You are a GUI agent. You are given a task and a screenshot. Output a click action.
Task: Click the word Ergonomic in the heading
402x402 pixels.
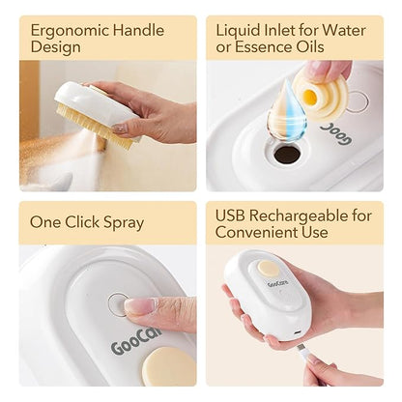click(70, 32)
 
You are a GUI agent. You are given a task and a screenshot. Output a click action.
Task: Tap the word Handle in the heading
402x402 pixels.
click(138, 30)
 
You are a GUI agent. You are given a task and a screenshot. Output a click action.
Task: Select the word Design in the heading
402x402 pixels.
click(55, 48)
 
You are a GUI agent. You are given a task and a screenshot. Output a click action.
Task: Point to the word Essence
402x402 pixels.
click(267, 47)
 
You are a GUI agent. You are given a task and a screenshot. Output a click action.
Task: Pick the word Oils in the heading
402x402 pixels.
click(313, 47)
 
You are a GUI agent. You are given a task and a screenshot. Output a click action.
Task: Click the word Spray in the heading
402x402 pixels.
click(124, 223)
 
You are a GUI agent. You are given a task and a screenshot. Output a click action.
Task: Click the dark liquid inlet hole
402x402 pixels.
click(287, 155)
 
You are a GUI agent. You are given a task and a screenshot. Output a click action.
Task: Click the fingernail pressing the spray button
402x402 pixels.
click(140, 305)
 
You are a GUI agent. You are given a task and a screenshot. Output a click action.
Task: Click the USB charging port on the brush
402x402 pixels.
click(298, 332)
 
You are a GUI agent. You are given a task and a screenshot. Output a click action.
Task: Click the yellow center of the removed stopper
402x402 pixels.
click(310, 95)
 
